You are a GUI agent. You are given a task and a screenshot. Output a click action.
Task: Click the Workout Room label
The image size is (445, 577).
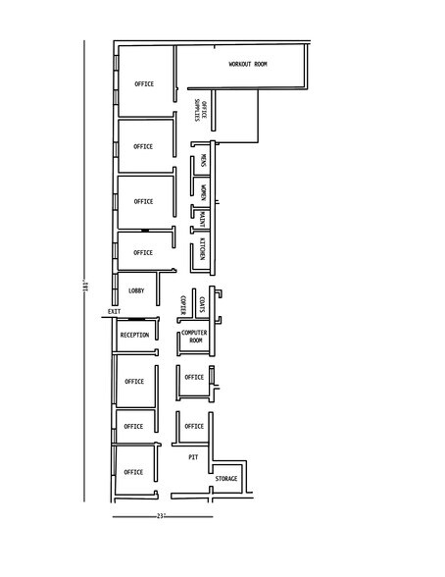248,64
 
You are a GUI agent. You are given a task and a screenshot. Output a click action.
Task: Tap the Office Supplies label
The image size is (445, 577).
200,110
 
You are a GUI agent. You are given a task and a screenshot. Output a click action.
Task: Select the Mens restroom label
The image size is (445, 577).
203,160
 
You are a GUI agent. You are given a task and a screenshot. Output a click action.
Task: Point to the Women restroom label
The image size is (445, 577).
203,192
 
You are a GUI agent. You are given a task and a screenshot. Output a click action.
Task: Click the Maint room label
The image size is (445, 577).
202,219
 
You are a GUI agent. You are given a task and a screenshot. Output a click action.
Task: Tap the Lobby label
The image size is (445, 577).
136,290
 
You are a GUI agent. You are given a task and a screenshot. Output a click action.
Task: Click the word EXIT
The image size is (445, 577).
114,312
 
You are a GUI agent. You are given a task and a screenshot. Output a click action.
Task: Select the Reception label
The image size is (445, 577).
134,336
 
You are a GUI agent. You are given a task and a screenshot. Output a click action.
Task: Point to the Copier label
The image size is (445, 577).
183,305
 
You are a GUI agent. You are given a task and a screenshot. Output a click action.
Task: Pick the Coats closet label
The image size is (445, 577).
202,304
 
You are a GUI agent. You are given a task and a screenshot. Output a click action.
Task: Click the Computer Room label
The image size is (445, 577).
194,337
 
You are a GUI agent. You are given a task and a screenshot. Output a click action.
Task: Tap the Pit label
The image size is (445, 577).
193,457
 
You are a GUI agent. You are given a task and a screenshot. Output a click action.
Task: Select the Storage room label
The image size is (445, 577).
226,479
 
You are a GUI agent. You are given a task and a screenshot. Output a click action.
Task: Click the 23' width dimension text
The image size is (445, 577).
161,516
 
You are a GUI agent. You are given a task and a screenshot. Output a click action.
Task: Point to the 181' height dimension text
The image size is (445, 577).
85,287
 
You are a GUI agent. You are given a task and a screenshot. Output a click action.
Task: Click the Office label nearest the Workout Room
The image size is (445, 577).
144,84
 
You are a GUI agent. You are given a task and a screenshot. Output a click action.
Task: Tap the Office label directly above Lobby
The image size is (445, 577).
143,253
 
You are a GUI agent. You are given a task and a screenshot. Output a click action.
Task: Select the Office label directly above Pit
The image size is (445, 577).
194,427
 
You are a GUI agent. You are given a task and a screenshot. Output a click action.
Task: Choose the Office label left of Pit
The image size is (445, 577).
133,472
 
